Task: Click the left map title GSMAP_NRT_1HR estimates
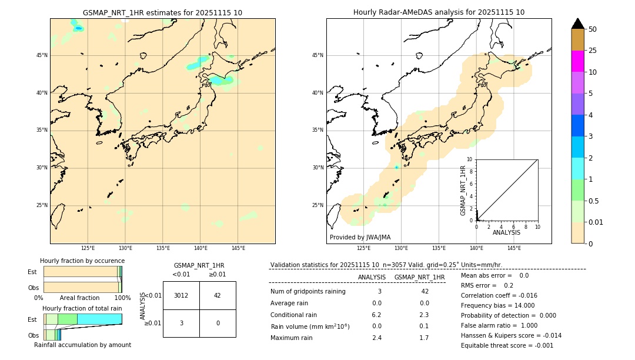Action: click(162, 12)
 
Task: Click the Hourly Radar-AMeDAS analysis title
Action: click(439, 12)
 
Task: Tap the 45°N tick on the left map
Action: click(42, 55)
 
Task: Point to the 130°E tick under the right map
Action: click(402, 248)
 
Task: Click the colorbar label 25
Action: click(593, 51)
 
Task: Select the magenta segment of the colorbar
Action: click(577, 61)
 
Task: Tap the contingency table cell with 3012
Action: click(181, 295)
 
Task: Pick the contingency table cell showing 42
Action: click(218, 295)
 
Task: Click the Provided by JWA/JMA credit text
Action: click(360, 237)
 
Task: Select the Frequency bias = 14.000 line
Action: click(497, 305)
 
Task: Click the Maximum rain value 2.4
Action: click(377, 338)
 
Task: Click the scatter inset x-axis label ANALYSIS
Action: click(506, 232)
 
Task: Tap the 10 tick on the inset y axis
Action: click(470, 159)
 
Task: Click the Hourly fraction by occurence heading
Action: click(82, 261)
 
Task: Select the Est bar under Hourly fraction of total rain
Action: click(82, 319)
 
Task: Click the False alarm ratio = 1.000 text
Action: click(499, 325)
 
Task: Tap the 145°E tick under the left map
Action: click(238, 248)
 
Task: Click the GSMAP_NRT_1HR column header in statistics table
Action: click(419, 277)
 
